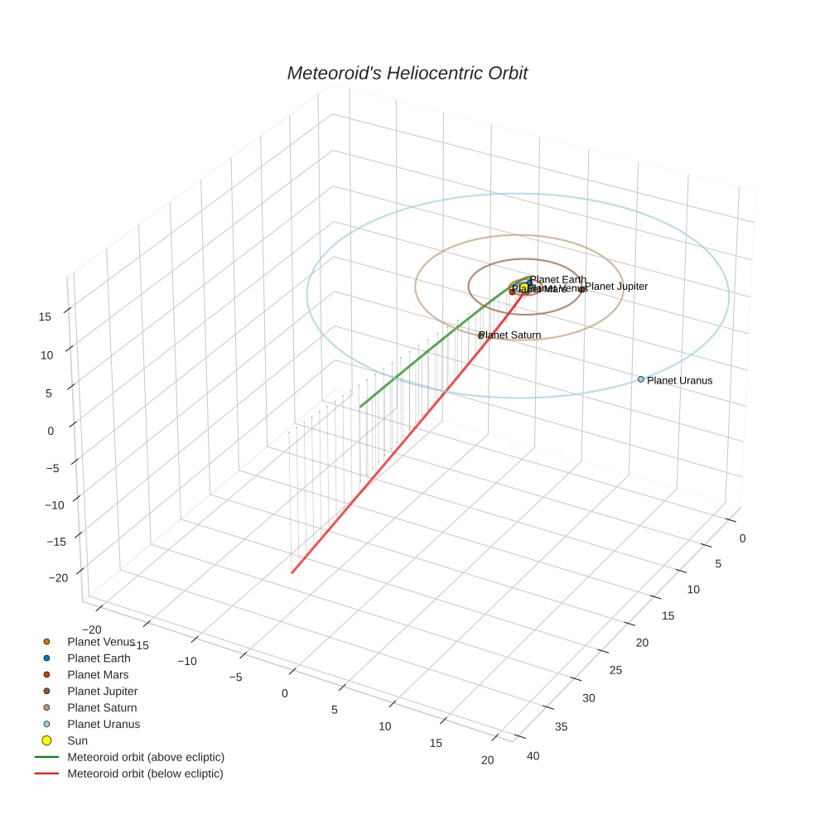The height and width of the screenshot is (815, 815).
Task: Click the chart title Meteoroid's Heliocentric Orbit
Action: coord(407,74)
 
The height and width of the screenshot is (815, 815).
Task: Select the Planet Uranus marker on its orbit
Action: coord(641,379)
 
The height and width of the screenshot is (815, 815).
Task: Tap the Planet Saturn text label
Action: coord(510,335)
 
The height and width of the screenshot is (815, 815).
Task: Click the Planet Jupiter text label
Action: coord(616,287)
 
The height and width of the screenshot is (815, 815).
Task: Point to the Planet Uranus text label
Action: coord(679,381)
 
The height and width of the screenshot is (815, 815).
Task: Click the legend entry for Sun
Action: coord(77,740)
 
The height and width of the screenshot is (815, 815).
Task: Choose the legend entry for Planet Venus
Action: coord(99,642)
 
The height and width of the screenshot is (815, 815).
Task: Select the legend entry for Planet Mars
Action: coord(98,675)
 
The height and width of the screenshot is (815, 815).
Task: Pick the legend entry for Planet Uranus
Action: coord(104,724)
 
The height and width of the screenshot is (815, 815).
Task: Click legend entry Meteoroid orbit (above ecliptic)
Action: coord(145,757)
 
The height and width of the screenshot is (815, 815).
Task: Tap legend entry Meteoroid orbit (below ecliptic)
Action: coord(145,774)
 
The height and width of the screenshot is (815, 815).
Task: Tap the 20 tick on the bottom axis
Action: coord(487,760)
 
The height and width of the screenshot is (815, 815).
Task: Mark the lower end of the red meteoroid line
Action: coord(292,572)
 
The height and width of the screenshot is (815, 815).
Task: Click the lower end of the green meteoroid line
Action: coord(360,407)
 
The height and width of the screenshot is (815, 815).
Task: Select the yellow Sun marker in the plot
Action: coord(524,287)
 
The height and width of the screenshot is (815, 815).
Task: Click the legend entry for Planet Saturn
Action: coord(102,707)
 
